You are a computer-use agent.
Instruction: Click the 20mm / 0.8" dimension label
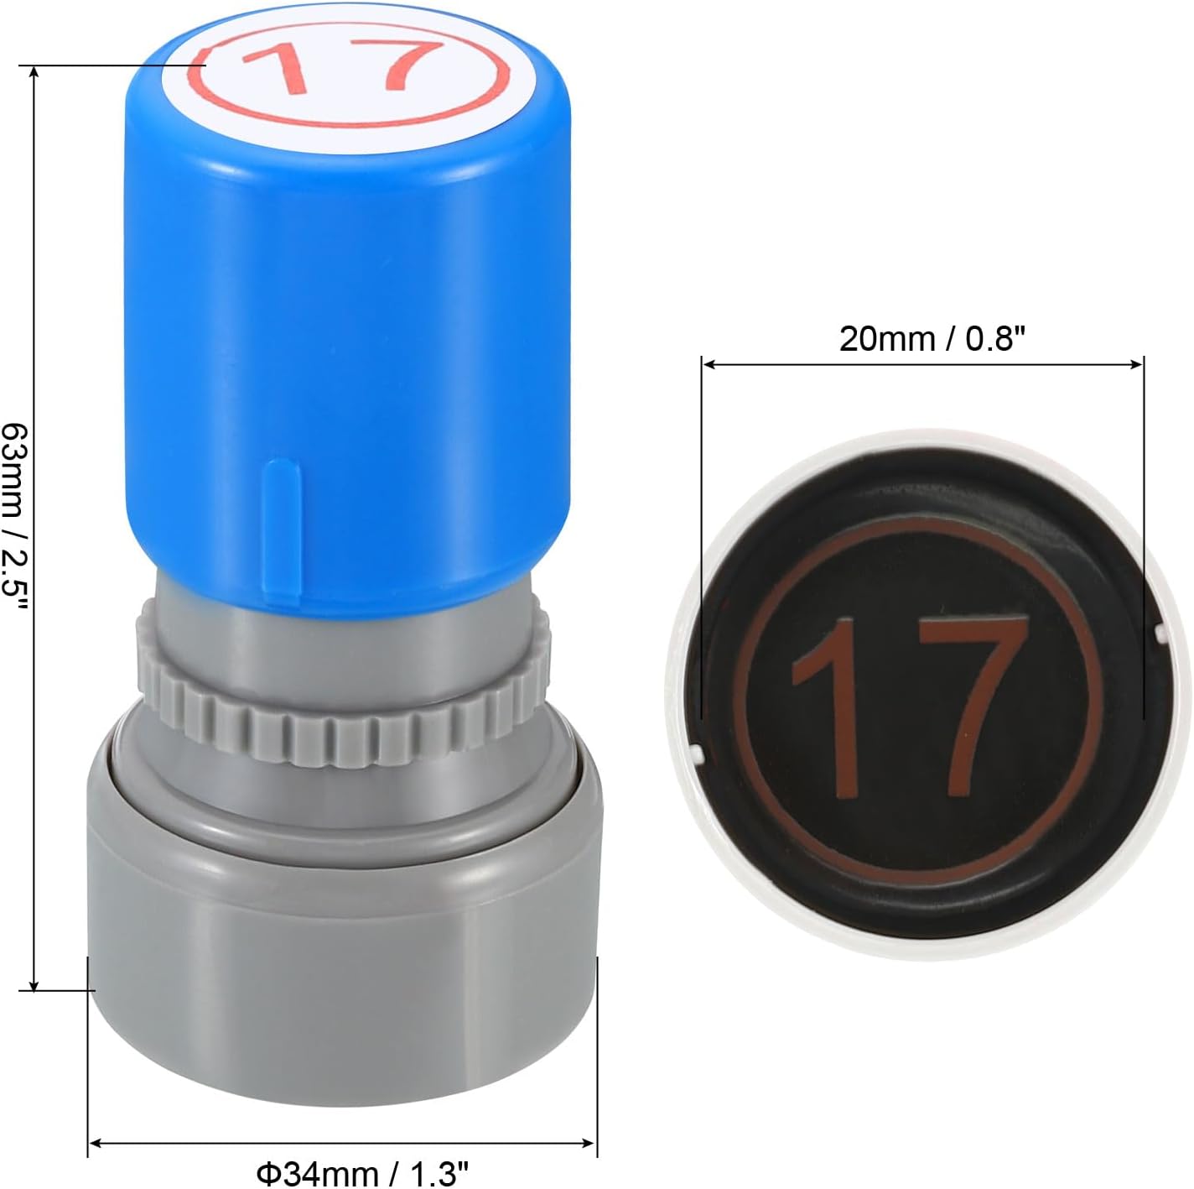pyautogui.click(x=932, y=339)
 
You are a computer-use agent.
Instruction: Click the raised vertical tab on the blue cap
pyautogui.click(x=282, y=532)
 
